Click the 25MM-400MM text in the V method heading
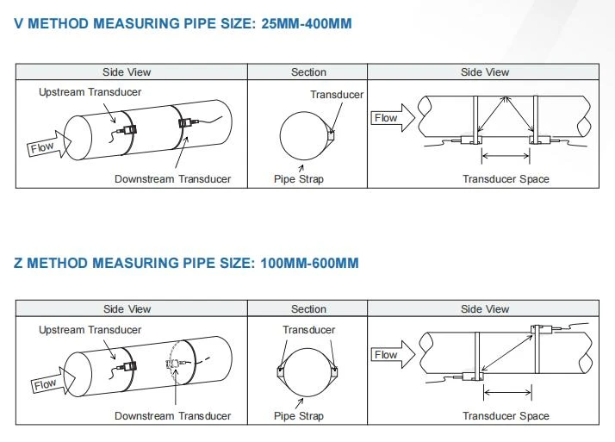click(x=307, y=23)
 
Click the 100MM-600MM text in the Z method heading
click(x=309, y=263)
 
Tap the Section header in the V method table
click(x=308, y=72)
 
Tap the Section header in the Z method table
click(x=308, y=309)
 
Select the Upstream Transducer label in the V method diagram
click(x=90, y=92)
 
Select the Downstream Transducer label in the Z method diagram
click(x=172, y=416)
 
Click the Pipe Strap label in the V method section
click(x=299, y=179)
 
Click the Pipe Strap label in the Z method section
click(x=299, y=416)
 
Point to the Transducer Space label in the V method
click(x=506, y=179)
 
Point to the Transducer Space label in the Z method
click(x=506, y=416)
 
